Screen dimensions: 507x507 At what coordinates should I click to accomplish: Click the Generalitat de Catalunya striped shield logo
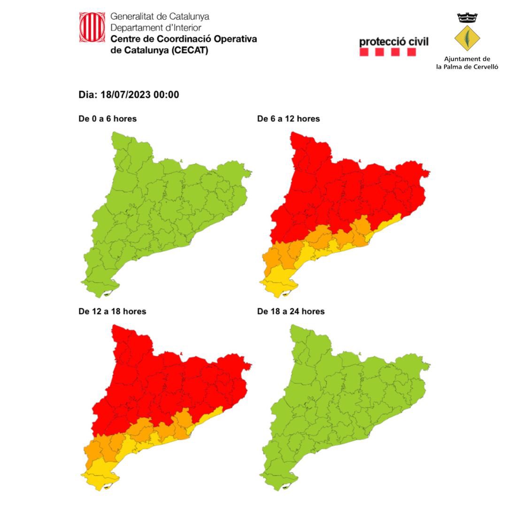92,27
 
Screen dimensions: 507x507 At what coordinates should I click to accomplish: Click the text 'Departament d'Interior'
149,28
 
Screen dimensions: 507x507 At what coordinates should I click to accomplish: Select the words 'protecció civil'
393,41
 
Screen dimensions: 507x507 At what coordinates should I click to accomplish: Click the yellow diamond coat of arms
467,38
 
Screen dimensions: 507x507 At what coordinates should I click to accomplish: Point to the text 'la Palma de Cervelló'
467,67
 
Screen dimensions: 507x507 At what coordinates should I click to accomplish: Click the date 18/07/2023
130,95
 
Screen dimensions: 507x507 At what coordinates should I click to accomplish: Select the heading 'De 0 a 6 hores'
108,119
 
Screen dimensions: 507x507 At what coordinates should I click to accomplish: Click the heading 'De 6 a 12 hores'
288,119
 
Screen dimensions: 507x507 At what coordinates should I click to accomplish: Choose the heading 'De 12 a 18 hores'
112,311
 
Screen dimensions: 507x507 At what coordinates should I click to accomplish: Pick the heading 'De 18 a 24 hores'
291,311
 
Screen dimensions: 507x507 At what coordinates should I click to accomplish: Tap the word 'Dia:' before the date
88,95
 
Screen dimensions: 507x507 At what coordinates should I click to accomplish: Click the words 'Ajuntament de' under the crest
467,59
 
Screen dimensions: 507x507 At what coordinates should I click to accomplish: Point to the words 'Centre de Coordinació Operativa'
184,39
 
